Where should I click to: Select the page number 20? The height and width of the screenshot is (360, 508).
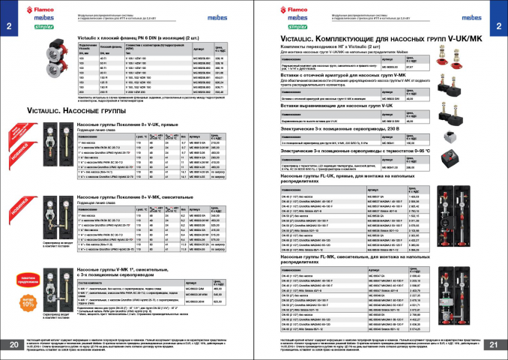(x=15, y=344)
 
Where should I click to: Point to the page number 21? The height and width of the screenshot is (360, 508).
(x=492, y=344)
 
